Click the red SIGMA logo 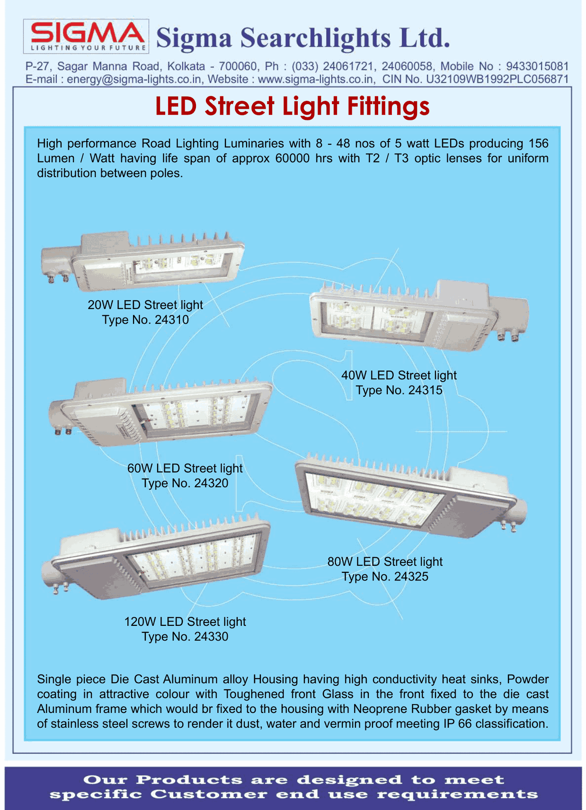click(86, 33)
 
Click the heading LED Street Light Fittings click(293, 107)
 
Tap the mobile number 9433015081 click(537, 66)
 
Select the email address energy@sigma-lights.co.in click(134, 79)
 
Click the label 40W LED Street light click(399, 375)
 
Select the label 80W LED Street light click(385, 561)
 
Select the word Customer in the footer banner click(209, 794)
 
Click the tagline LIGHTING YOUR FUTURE click(88, 48)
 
